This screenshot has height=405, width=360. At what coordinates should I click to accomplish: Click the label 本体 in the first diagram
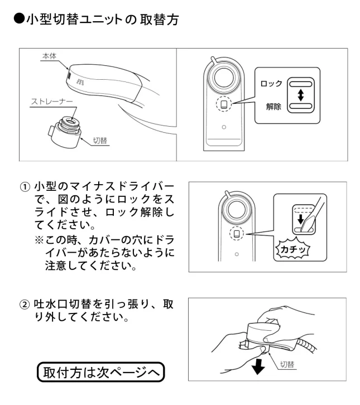coord(49,56)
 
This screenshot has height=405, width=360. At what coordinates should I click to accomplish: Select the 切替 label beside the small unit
coord(99,142)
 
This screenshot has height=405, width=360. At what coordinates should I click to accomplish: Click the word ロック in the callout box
coord(271,83)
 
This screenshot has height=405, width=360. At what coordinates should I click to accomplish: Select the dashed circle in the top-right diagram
coord(223,103)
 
